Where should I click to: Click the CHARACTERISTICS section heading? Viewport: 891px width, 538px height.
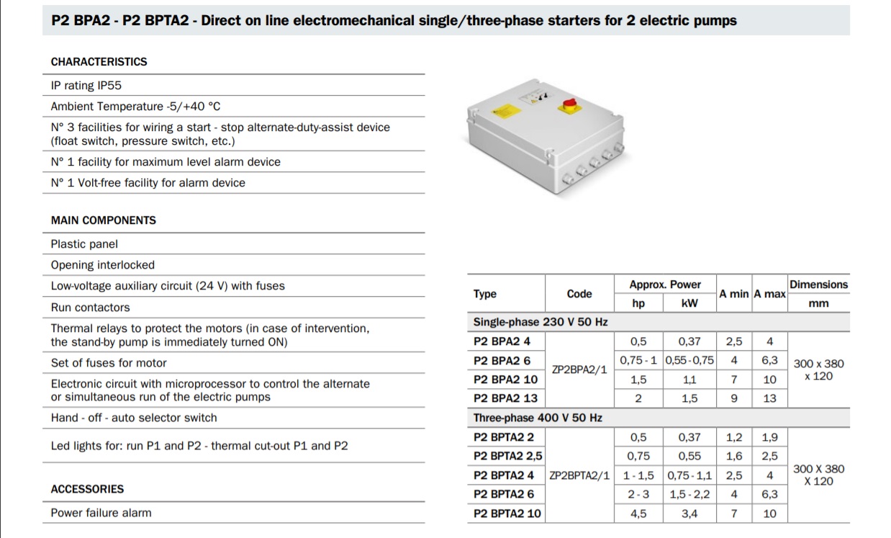(x=99, y=62)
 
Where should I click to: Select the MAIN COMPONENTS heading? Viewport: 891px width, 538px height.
(x=103, y=220)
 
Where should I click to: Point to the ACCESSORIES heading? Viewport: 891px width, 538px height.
(x=87, y=489)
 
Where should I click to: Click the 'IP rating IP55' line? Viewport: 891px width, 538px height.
(x=86, y=86)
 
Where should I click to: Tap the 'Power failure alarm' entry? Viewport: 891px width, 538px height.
(x=101, y=513)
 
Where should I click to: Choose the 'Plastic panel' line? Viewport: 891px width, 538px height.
(x=84, y=244)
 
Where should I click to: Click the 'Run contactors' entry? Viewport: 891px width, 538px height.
(x=90, y=308)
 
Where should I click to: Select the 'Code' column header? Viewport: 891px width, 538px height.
(x=579, y=294)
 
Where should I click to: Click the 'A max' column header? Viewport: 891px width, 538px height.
(x=769, y=294)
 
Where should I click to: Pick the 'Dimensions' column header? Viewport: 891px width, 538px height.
(x=818, y=284)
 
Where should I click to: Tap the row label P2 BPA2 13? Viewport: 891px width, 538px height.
(x=505, y=398)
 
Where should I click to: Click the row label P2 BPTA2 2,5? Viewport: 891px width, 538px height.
(x=508, y=456)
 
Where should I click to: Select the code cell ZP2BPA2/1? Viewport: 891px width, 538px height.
(x=579, y=370)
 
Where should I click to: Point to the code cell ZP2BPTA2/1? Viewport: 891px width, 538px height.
(x=579, y=475)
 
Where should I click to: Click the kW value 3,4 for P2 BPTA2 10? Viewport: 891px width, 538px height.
(x=689, y=514)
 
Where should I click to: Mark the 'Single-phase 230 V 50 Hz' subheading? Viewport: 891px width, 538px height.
(x=541, y=322)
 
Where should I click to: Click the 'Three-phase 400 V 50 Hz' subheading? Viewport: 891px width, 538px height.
(x=538, y=418)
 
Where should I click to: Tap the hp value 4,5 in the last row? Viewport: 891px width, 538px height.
(x=638, y=514)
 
